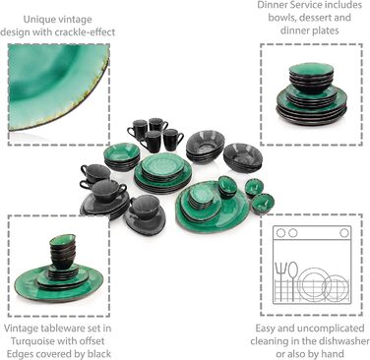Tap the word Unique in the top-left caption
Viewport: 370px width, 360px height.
point(38,20)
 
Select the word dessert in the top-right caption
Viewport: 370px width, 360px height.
point(316,17)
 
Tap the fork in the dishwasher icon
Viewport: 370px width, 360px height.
point(280,281)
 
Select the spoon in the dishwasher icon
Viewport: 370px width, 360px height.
point(293,281)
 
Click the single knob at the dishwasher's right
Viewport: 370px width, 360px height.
point(344,233)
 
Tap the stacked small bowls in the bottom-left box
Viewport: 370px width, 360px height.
point(63,251)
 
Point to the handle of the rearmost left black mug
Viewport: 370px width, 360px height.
point(130,132)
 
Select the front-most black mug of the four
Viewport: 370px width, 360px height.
point(151,142)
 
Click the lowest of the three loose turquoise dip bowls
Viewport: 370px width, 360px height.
point(263,204)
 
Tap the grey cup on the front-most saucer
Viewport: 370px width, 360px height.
point(145,208)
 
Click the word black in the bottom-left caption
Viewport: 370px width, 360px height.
point(99,354)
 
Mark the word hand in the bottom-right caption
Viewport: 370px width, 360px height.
point(333,354)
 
